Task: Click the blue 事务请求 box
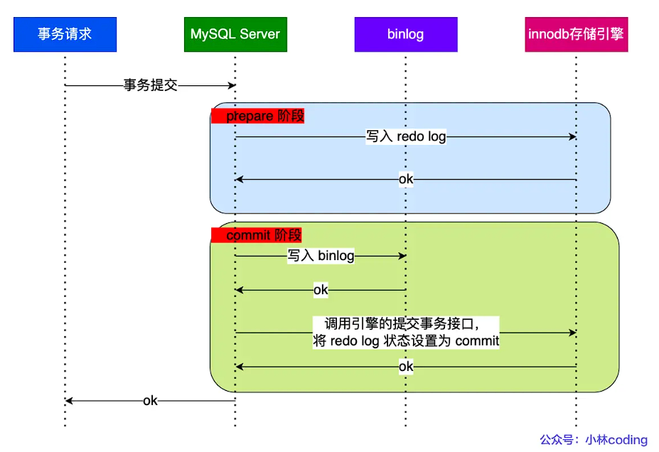(65, 33)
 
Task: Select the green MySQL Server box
(235, 33)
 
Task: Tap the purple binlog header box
(405, 33)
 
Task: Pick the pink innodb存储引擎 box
(576, 33)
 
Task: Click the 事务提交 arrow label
(150, 85)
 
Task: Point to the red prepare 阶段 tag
(257, 116)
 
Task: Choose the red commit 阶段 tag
(257, 235)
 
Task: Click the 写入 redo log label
(406, 136)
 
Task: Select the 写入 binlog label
(321, 256)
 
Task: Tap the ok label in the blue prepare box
(406, 179)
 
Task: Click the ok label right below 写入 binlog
(321, 290)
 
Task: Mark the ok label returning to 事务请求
(150, 401)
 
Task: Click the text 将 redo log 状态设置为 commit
(406, 341)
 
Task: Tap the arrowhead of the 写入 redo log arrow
(572, 136)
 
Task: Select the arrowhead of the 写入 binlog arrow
(402, 256)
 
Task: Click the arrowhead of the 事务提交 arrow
(232, 85)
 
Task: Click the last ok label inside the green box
(406, 367)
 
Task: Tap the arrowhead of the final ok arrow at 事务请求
(69, 401)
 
